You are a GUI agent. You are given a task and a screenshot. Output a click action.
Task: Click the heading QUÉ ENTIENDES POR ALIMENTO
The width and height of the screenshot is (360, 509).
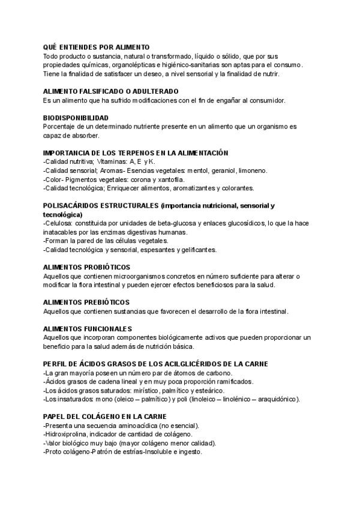coord(97,47)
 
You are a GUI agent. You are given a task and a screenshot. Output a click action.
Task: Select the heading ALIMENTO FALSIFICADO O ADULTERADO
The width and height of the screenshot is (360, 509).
coord(110,91)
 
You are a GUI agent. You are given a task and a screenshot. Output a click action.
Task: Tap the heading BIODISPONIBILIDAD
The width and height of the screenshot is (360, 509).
coord(76,118)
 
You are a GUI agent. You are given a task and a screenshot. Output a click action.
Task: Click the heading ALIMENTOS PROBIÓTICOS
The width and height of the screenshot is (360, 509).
coord(87,267)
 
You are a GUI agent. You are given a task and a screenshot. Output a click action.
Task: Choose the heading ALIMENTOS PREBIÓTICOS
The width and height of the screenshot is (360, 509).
coord(86,302)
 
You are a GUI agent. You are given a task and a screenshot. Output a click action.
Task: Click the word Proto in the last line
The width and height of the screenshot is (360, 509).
coord(55,452)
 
